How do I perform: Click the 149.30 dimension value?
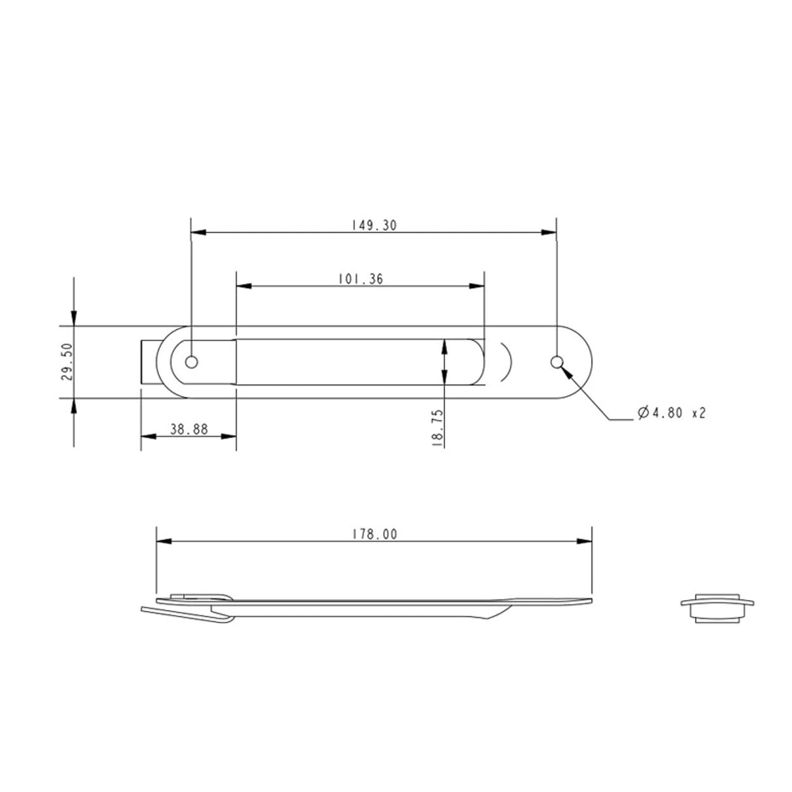pos(373,225)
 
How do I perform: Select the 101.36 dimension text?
pos(361,279)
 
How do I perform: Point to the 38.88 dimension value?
pos(189,429)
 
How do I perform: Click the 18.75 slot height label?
pos(438,427)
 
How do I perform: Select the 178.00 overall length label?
pos(374,534)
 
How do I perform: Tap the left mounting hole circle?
pos(191,362)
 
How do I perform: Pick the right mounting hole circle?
pos(556,362)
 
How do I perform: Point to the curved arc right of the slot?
pos(508,362)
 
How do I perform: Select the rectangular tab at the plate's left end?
pos(149,362)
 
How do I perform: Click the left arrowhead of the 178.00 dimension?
pos(163,541)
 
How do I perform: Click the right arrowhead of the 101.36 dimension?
pos(478,286)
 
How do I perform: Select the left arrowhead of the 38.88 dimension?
pos(147,436)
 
